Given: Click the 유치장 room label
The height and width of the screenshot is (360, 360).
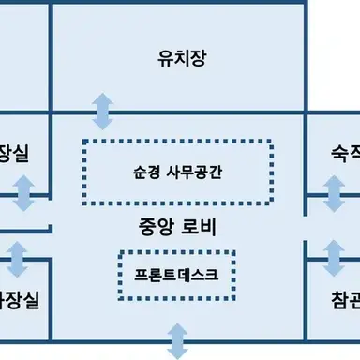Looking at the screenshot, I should point(181,59).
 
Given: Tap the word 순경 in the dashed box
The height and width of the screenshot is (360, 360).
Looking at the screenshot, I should point(147,173).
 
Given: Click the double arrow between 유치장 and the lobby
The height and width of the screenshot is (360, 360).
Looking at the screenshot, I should point(102,111).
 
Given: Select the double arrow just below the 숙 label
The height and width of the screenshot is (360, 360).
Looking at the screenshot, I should point(334,194).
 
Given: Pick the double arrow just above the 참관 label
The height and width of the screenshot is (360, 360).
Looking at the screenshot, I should point(334,256).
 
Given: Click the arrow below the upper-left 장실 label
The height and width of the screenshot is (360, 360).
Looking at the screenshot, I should point(24,194).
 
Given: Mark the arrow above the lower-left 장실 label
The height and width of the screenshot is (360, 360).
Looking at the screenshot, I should point(18,256).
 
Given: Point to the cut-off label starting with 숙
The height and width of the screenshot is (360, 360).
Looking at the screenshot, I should point(346,151).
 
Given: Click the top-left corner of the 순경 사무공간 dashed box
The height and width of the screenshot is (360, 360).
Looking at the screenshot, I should point(84,142).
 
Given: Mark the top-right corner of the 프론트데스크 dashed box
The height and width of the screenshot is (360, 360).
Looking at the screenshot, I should point(232,253).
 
